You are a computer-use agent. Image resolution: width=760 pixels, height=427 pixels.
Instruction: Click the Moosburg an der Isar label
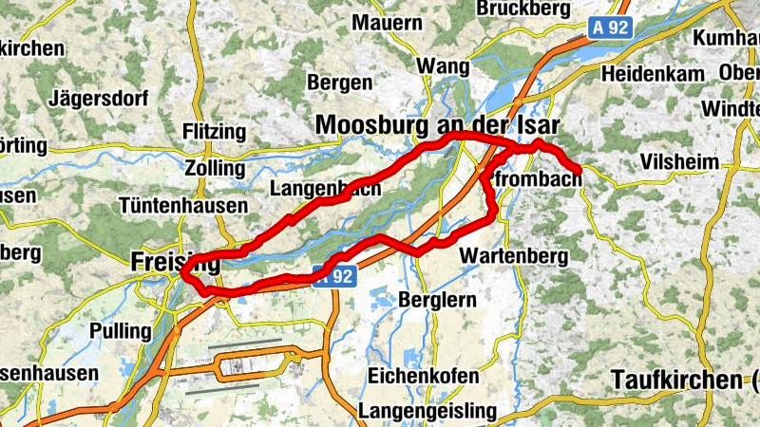point(438,124)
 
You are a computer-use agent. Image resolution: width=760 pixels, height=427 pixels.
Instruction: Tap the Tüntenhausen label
point(183,205)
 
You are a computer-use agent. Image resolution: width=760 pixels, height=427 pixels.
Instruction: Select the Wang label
point(444,67)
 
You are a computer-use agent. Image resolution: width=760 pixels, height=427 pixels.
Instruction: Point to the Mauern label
point(386,22)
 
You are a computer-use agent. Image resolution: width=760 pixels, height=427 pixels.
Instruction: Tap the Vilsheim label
point(680,162)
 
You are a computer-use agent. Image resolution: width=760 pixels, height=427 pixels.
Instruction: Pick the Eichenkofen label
point(423,376)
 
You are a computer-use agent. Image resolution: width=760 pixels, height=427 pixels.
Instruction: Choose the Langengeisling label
point(427,411)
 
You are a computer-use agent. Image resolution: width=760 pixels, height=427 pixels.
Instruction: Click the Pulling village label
point(119,331)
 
